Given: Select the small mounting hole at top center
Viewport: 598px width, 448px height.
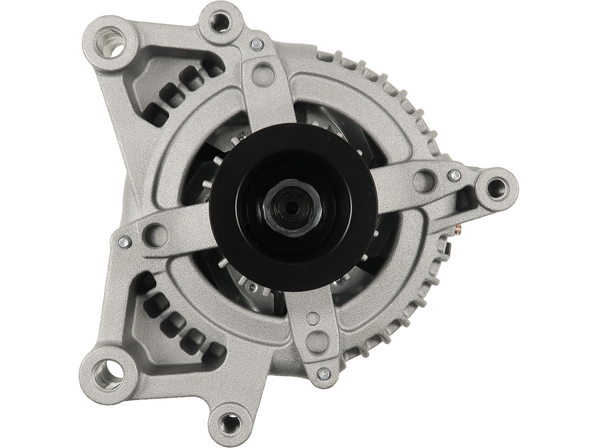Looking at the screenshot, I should [x=220, y=22].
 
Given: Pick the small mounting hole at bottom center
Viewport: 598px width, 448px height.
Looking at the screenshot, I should [x=228, y=423].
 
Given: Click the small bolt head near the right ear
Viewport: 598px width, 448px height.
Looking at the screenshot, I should [x=454, y=175].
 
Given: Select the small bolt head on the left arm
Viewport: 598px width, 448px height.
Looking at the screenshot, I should [x=125, y=242].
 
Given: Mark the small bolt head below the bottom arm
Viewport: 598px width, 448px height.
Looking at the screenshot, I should [x=325, y=374].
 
